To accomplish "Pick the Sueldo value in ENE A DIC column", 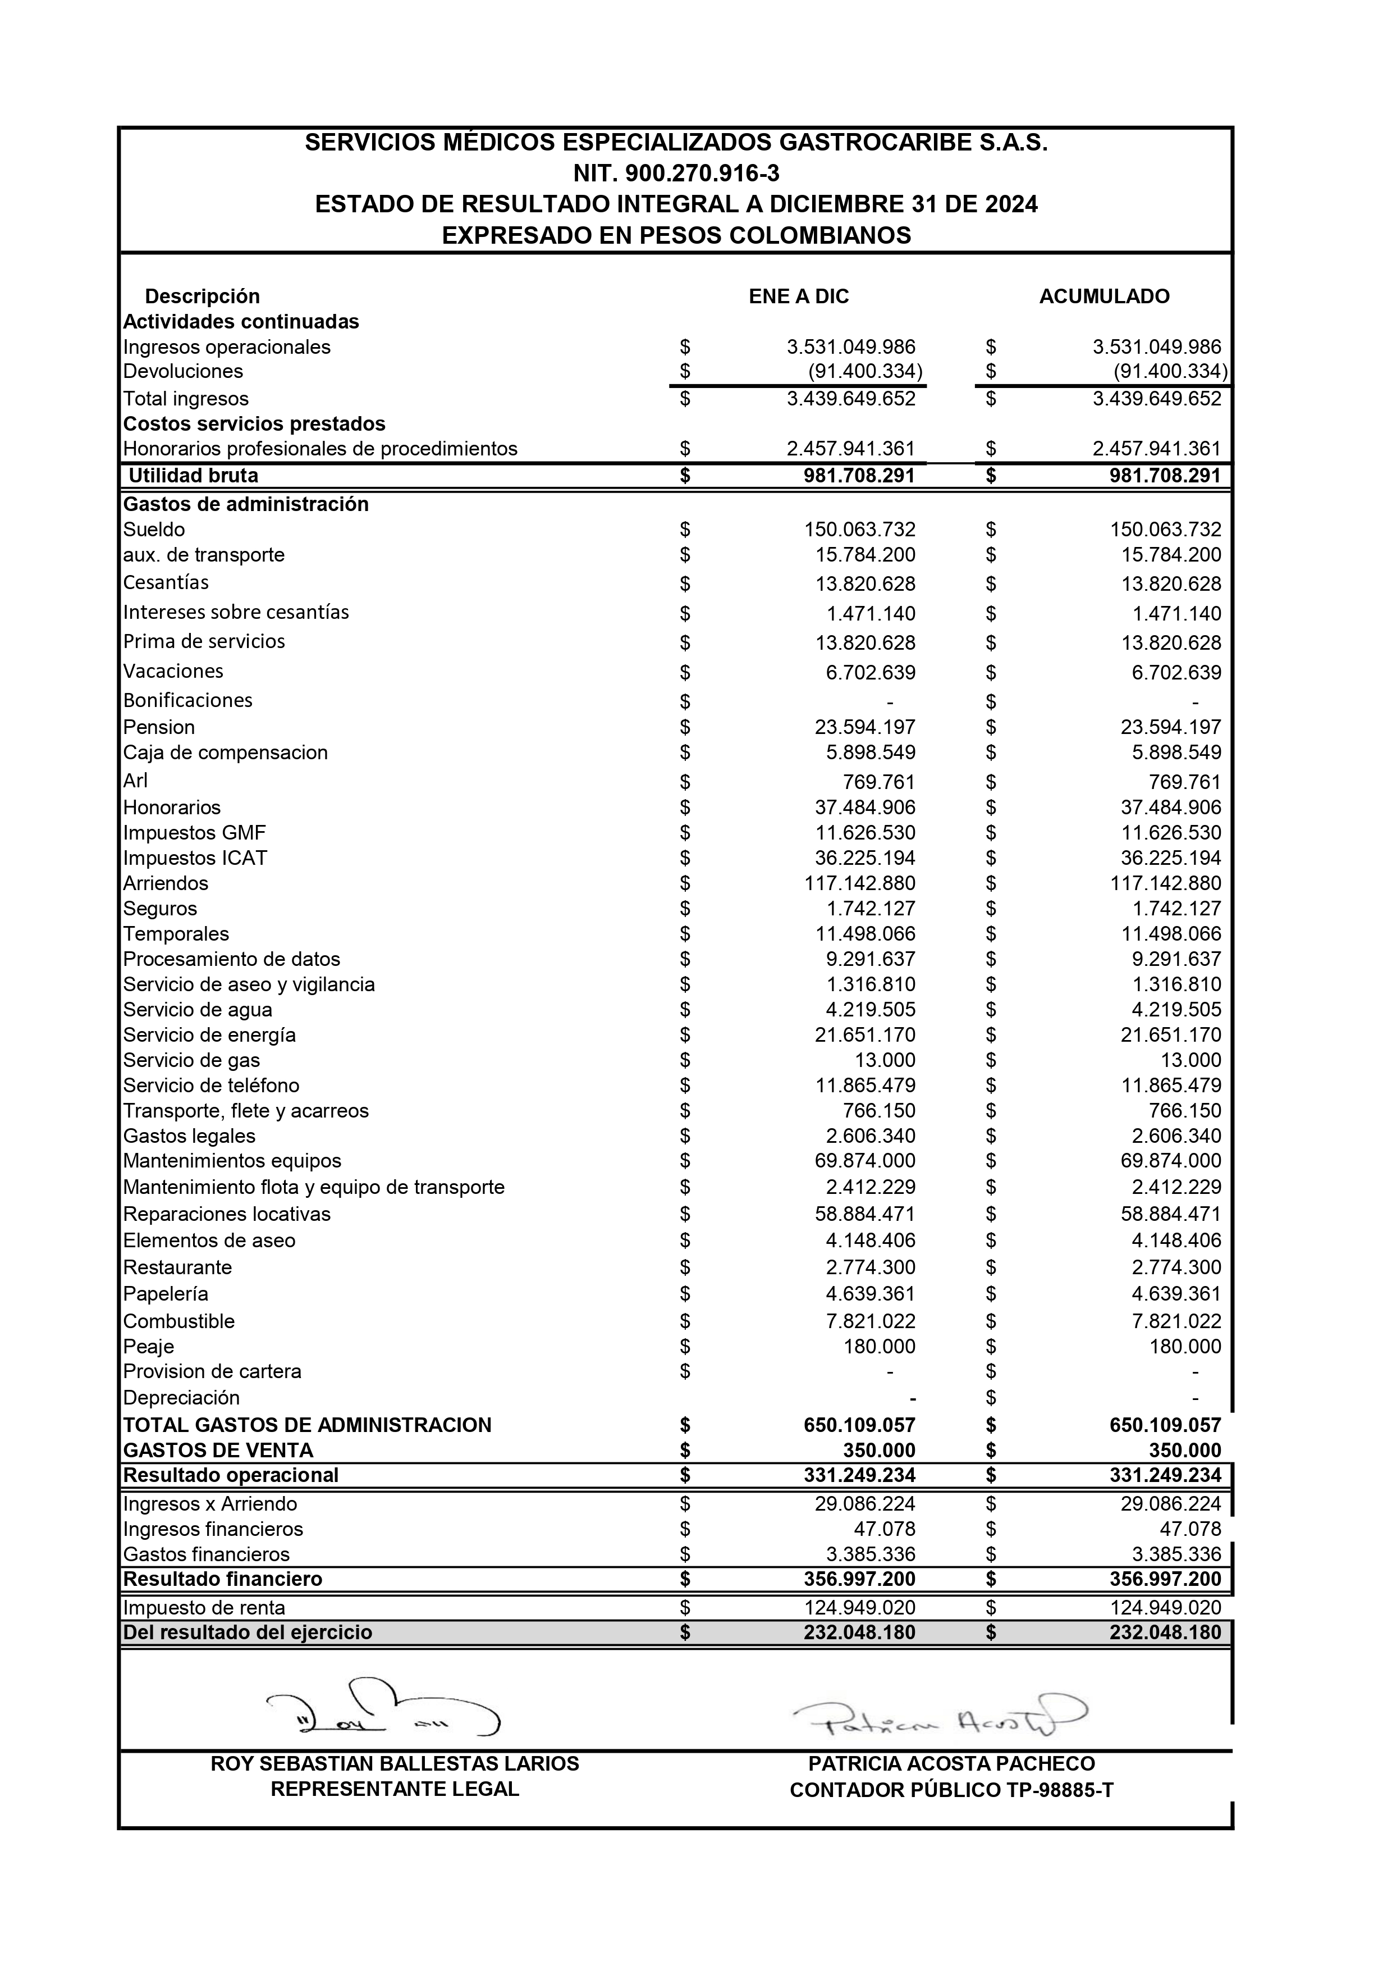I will (859, 530).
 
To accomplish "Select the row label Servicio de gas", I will (191, 1060).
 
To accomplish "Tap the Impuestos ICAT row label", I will (195, 858).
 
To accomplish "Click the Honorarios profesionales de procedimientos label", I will (320, 449).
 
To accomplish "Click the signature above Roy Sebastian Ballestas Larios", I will (383, 1707).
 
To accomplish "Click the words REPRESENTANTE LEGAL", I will (395, 1789).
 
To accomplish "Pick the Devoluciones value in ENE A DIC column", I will (864, 372).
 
